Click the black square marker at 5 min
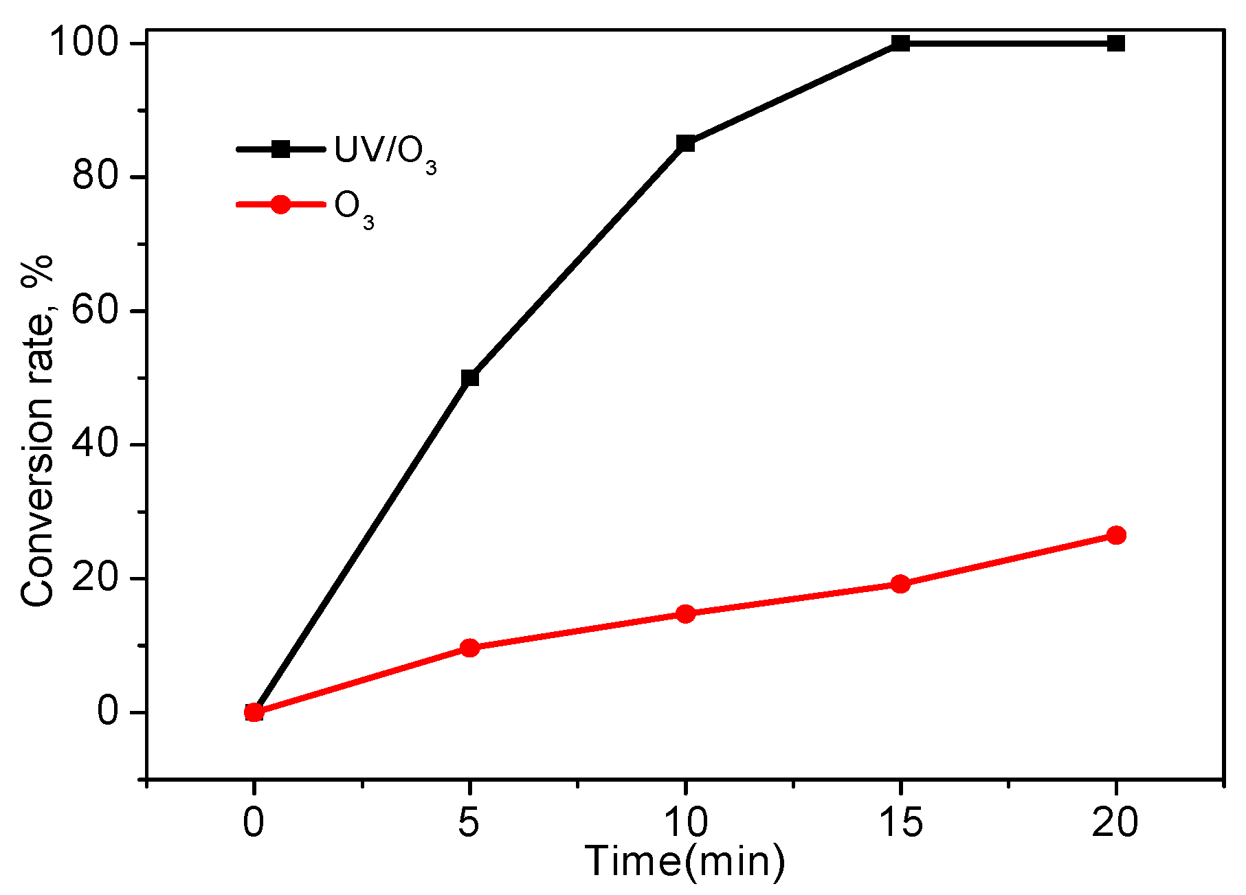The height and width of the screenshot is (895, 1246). tap(469, 378)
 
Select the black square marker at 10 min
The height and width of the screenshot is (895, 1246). tap(685, 144)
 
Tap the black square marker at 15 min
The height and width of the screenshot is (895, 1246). tap(900, 43)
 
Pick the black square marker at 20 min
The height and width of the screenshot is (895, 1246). tap(1116, 43)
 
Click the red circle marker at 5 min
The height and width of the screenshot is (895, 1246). tap(469, 648)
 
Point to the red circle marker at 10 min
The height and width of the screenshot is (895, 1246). tap(685, 613)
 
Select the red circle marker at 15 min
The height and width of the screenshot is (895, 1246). tap(900, 585)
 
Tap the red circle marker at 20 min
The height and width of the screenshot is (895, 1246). tap(1116, 535)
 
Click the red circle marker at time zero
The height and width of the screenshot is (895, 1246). tap(254, 712)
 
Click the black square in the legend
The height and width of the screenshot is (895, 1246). tap(280, 149)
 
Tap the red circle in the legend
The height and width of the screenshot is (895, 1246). tap(280, 204)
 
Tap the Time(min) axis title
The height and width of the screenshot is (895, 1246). tap(685, 861)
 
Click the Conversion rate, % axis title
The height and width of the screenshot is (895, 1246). tap(38, 431)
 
